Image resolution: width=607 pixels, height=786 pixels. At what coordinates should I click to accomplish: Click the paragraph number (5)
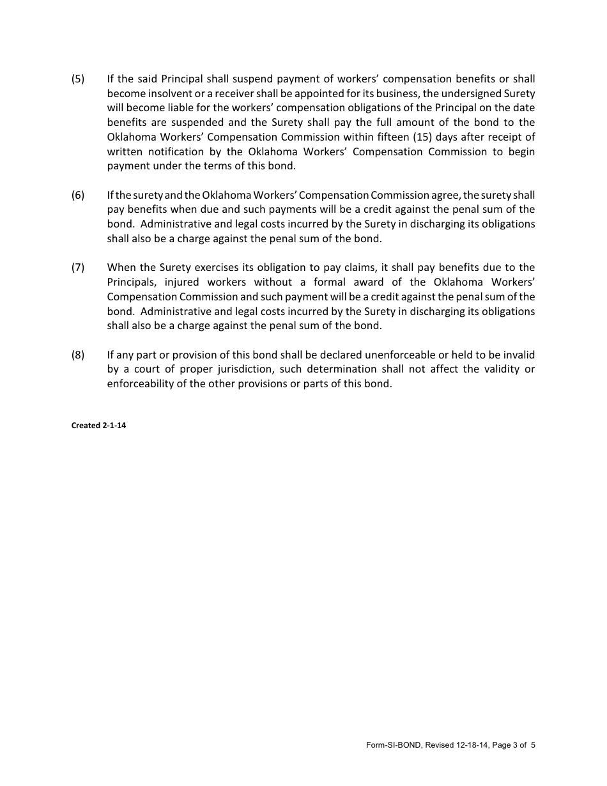pyautogui.click(x=77, y=79)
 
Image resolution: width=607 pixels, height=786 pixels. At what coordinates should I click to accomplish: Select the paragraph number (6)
pyautogui.click(x=77, y=195)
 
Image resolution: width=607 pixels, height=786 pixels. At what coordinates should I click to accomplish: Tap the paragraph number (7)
pyautogui.click(x=77, y=268)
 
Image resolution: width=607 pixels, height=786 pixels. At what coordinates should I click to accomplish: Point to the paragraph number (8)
pyautogui.click(x=77, y=355)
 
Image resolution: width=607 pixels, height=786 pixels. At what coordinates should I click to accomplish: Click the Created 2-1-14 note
pyautogui.click(x=98, y=426)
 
